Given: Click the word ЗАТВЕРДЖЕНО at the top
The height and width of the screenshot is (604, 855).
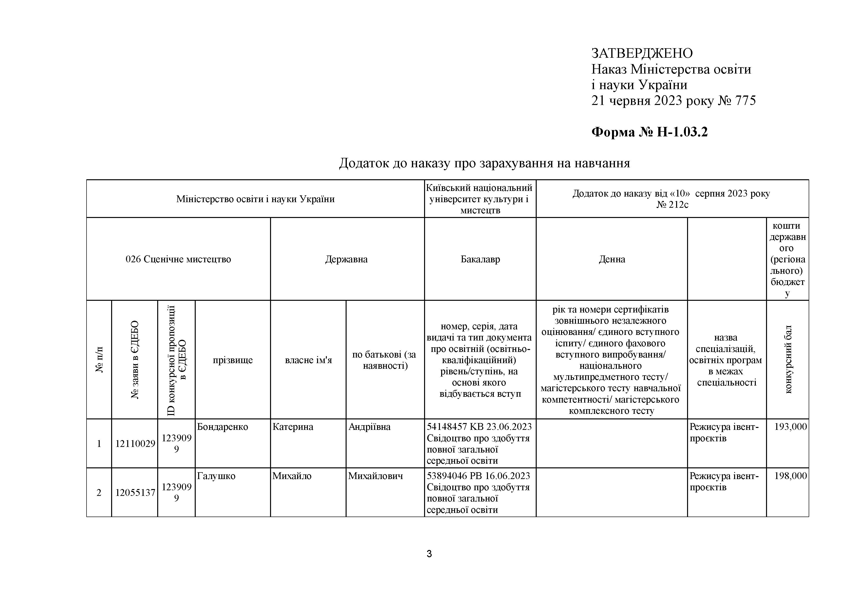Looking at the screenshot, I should (x=642, y=53).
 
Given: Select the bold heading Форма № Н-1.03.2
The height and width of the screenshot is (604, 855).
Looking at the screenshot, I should (x=650, y=132).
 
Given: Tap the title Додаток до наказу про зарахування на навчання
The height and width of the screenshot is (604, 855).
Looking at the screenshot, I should (x=484, y=163).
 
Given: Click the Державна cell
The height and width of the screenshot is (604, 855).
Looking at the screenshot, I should (x=346, y=259).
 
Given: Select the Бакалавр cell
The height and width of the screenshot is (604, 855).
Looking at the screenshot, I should (x=480, y=259).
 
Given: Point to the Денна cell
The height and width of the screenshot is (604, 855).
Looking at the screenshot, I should (x=612, y=259).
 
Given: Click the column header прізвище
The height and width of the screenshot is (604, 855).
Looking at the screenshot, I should (x=233, y=360).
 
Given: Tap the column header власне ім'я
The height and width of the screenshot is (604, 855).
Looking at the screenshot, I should (x=308, y=360).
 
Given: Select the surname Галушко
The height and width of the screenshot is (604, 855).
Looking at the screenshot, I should (x=216, y=476).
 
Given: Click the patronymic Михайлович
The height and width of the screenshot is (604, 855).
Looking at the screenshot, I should (x=375, y=476).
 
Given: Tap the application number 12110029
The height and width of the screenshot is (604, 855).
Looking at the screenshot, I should (x=135, y=444).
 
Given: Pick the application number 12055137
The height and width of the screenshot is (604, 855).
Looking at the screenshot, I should (x=135, y=493).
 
